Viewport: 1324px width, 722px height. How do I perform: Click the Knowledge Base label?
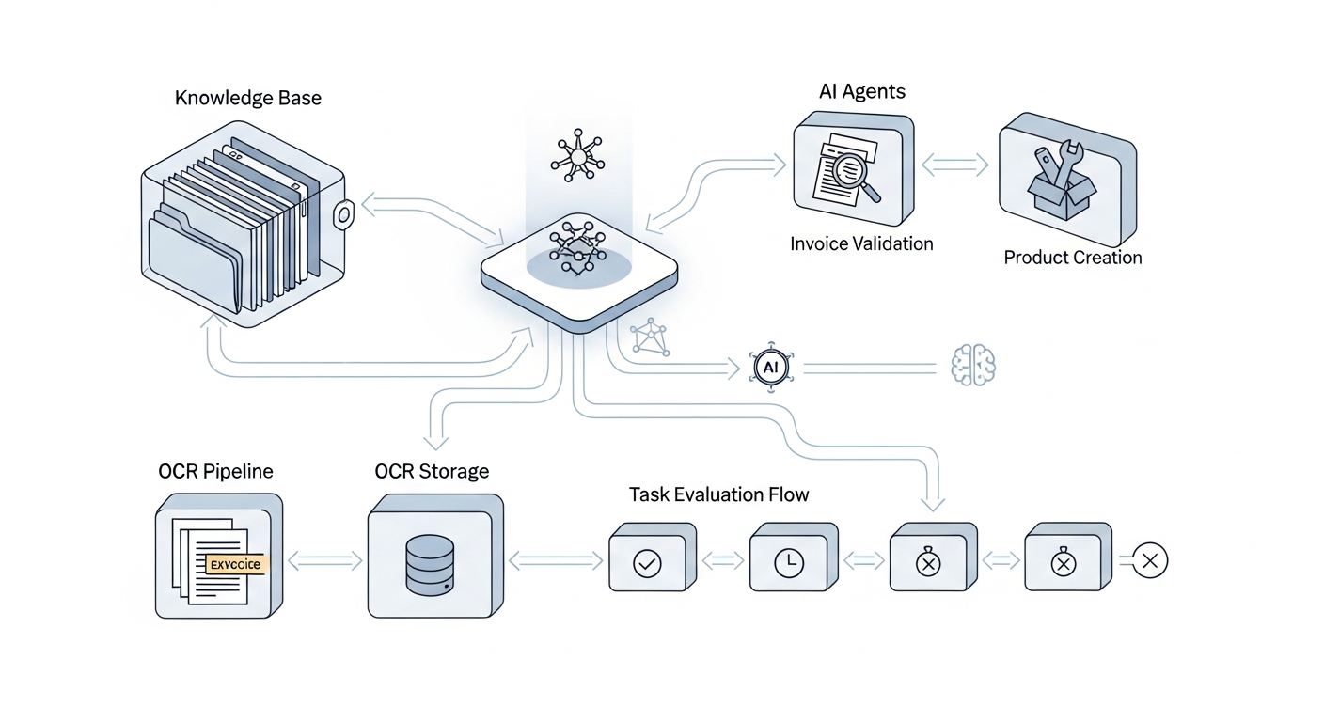pyautogui.click(x=247, y=98)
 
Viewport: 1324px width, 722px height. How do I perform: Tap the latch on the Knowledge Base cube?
pyautogui.click(x=343, y=216)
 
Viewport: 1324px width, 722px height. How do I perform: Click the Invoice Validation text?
pyautogui.click(x=861, y=243)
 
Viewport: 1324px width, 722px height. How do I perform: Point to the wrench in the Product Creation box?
pyautogui.click(x=1061, y=162)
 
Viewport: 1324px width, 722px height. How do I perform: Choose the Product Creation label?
pyautogui.click(x=1072, y=258)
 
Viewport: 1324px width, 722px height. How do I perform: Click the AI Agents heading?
pyautogui.click(x=862, y=91)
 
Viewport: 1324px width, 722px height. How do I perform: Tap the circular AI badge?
pyautogui.click(x=770, y=368)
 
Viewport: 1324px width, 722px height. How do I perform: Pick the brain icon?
pyautogui.click(x=973, y=365)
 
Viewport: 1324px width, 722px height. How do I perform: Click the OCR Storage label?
pyautogui.click(x=432, y=471)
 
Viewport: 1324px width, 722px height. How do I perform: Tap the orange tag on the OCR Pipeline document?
pyautogui.click(x=236, y=564)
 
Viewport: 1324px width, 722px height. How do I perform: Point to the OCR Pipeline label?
pyautogui.click(x=215, y=471)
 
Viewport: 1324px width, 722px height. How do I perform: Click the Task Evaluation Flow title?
pyautogui.click(x=718, y=494)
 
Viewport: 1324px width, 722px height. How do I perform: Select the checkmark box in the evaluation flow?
pyautogui.click(x=649, y=563)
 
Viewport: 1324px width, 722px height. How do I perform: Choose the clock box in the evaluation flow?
pyautogui.click(x=789, y=563)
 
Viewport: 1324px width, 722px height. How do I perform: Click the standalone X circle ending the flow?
pyautogui.click(x=1149, y=562)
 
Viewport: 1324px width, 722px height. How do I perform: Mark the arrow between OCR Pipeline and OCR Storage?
pyautogui.click(x=324, y=561)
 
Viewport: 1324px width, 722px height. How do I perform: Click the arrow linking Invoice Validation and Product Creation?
pyautogui.click(x=954, y=166)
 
